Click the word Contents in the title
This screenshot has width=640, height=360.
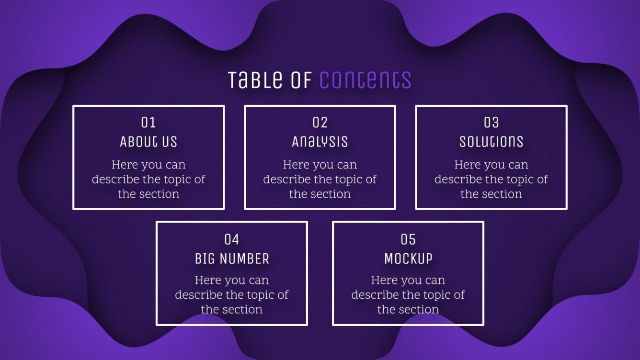[x=365, y=80]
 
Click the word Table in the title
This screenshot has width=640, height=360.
[x=255, y=80]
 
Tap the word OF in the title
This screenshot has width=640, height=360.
[x=301, y=80]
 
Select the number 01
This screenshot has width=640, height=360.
[x=149, y=123]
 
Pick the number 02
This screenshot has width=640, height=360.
[x=320, y=123]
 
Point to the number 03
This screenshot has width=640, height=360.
[x=491, y=123]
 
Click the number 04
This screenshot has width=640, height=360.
[x=232, y=239]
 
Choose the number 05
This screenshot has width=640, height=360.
[x=408, y=239]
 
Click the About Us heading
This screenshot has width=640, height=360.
[x=149, y=142]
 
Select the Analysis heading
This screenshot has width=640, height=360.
[x=320, y=142]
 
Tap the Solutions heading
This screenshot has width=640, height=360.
[x=491, y=142]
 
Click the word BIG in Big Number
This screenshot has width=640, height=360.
[x=205, y=259]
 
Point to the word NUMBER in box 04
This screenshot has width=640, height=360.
[x=244, y=259]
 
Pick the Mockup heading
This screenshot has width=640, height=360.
[x=408, y=259]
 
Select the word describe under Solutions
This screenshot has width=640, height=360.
[x=458, y=180]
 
